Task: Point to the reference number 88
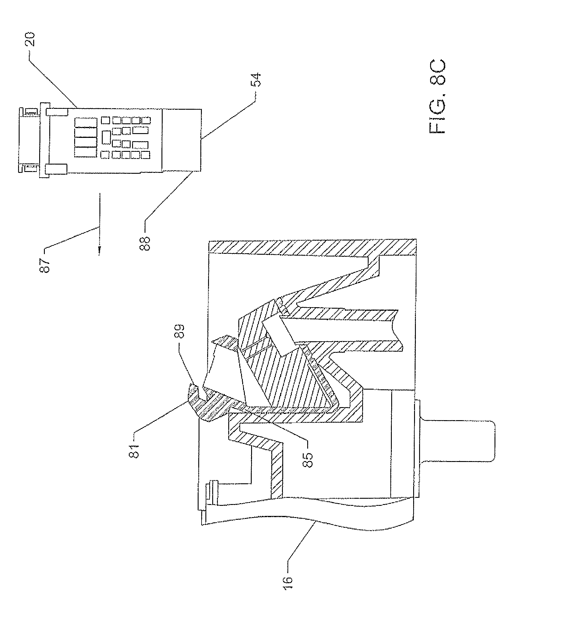click(x=145, y=243)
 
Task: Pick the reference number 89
click(x=180, y=332)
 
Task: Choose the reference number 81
click(x=134, y=451)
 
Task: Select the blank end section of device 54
click(x=182, y=140)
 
